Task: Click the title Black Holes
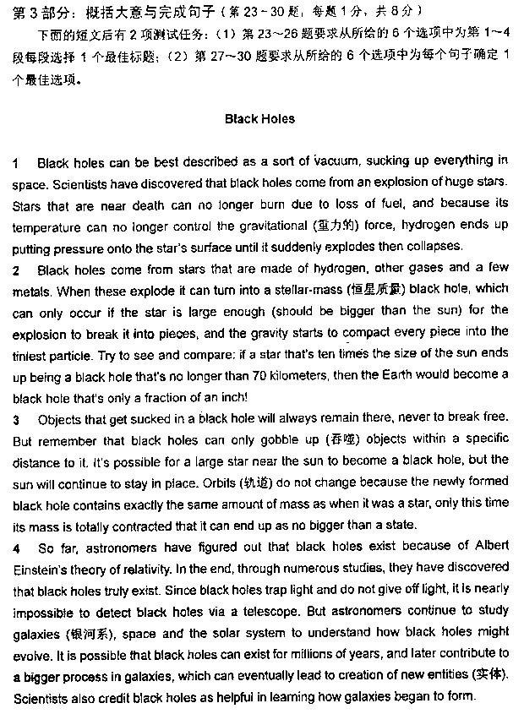(x=259, y=119)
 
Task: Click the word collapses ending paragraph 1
(x=435, y=247)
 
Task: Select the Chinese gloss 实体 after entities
(x=493, y=676)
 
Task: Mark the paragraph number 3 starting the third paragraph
(x=17, y=419)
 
